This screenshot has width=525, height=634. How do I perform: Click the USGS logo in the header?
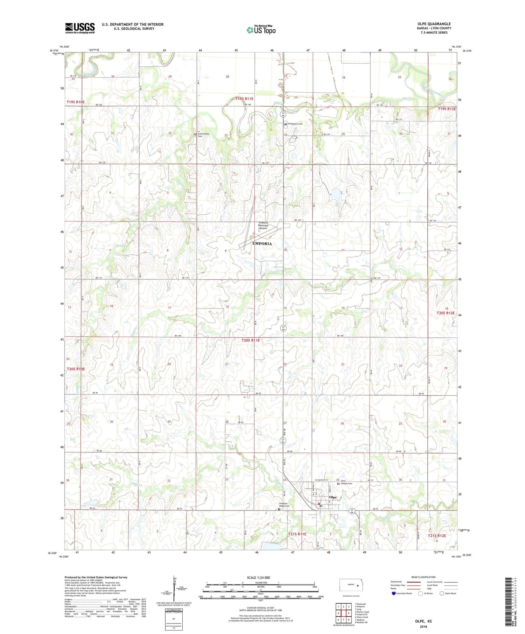(80, 28)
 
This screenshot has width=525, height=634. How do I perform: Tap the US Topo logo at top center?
(261, 30)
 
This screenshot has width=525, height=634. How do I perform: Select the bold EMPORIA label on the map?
(262, 243)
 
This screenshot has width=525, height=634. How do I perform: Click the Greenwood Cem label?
(205, 135)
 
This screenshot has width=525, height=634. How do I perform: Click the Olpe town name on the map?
(332, 498)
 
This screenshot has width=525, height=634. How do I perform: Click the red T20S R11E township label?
(251, 340)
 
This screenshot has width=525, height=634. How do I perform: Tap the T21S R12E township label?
(437, 535)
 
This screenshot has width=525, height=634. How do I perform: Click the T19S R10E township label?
(76, 102)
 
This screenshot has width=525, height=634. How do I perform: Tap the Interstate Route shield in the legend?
(394, 593)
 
